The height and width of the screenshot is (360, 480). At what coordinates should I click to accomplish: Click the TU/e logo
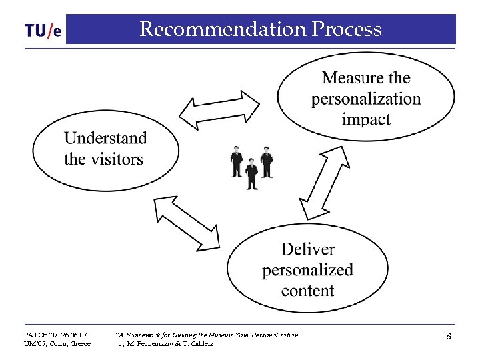pyautogui.click(x=43, y=31)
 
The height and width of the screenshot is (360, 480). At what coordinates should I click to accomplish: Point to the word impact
pyautogui.click(x=366, y=119)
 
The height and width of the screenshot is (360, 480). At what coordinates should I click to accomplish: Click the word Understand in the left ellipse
pyautogui.click(x=105, y=138)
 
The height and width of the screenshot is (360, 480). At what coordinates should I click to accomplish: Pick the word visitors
pyautogui.click(x=118, y=159)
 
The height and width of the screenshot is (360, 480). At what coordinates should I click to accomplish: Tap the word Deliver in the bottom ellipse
pyautogui.click(x=307, y=249)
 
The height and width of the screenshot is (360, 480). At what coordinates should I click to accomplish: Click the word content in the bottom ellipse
pyautogui.click(x=307, y=291)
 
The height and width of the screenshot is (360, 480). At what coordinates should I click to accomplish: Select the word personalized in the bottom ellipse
pyautogui.click(x=307, y=270)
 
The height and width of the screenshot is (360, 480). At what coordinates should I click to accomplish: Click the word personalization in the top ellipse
pyautogui.click(x=366, y=99)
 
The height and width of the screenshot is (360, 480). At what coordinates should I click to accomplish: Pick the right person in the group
pyautogui.click(x=267, y=161)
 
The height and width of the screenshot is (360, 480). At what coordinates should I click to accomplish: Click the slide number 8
pyautogui.click(x=449, y=337)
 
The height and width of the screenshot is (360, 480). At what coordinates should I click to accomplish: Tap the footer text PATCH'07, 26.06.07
pyautogui.click(x=55, y=333)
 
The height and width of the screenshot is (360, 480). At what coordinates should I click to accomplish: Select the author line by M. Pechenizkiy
pyautogui.click(x=165, y=344)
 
